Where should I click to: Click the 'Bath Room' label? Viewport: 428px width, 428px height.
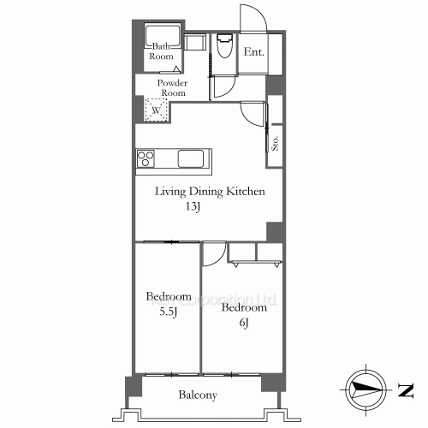(163, 51)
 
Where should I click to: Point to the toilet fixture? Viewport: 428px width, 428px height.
(225, 46)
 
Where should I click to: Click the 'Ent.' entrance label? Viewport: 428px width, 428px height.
(253, 52)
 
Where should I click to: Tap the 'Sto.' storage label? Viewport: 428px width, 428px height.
(276, 142)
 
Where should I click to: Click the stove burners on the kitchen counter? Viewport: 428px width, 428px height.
(146, 158)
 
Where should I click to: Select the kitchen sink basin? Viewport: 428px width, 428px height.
(189, 158)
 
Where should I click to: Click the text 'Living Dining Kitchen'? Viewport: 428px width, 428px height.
(210, 192)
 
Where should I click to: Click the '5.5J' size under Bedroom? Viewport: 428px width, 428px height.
(167, 312)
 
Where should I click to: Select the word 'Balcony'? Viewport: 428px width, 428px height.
(197, 395)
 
